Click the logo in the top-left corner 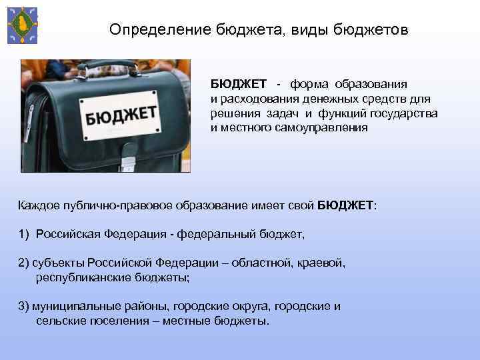[22, 25]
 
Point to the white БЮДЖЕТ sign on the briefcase [120, 115]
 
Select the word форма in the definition [313, 85]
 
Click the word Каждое [39, 205]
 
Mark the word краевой [321, 263]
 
